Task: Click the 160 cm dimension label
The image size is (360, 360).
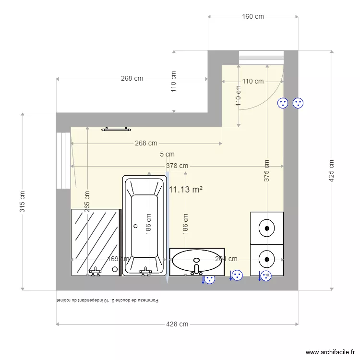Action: (x=253, y=17)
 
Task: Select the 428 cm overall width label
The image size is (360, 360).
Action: (x=177, y=324)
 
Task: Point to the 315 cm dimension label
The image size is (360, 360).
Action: (x=22, y=202)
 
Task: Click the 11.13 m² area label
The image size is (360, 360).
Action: (x=185, y=190)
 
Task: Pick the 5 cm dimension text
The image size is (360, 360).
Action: (x=167, y=155)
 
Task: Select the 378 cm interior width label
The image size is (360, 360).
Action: (x=177, y=166)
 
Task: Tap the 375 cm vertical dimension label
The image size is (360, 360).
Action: (x=267, y=170)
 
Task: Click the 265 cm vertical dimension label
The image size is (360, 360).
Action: (x=87, y=202)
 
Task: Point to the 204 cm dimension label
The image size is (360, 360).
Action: (x=226, y=259)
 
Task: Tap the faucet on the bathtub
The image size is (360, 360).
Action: (x=145, y=272)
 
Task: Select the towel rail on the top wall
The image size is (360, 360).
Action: (x=116, y=129)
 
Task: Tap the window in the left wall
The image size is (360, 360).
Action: (x=63, y=160)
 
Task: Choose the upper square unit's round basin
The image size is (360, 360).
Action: (x=266, y=228)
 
